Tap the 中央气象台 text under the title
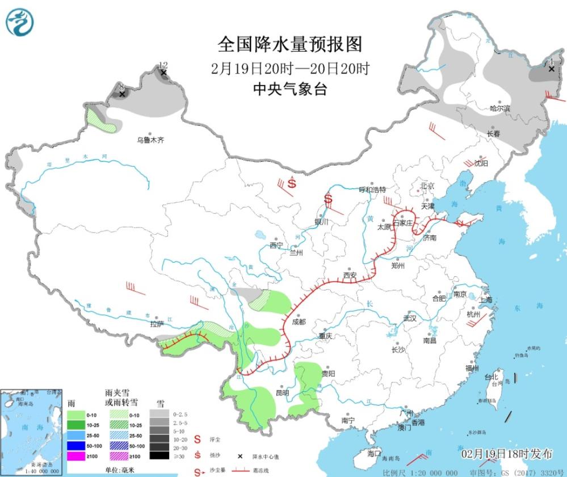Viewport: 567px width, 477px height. point(290,89)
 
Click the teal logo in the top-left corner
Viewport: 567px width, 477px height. point(19,22)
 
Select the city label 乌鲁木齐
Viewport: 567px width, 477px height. point(150,140)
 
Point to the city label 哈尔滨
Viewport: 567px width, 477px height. point(500,108)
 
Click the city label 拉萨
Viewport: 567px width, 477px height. point(157,324)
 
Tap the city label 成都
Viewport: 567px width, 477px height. point(299,322)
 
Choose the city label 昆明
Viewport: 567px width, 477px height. point(282,392)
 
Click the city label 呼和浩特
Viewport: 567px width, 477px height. point(373,189)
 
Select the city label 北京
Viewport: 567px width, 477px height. point(427,186)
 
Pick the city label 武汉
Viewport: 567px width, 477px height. point(409,318)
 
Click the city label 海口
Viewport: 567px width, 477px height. point(373,453)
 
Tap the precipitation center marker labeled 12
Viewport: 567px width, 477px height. point(163,73)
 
